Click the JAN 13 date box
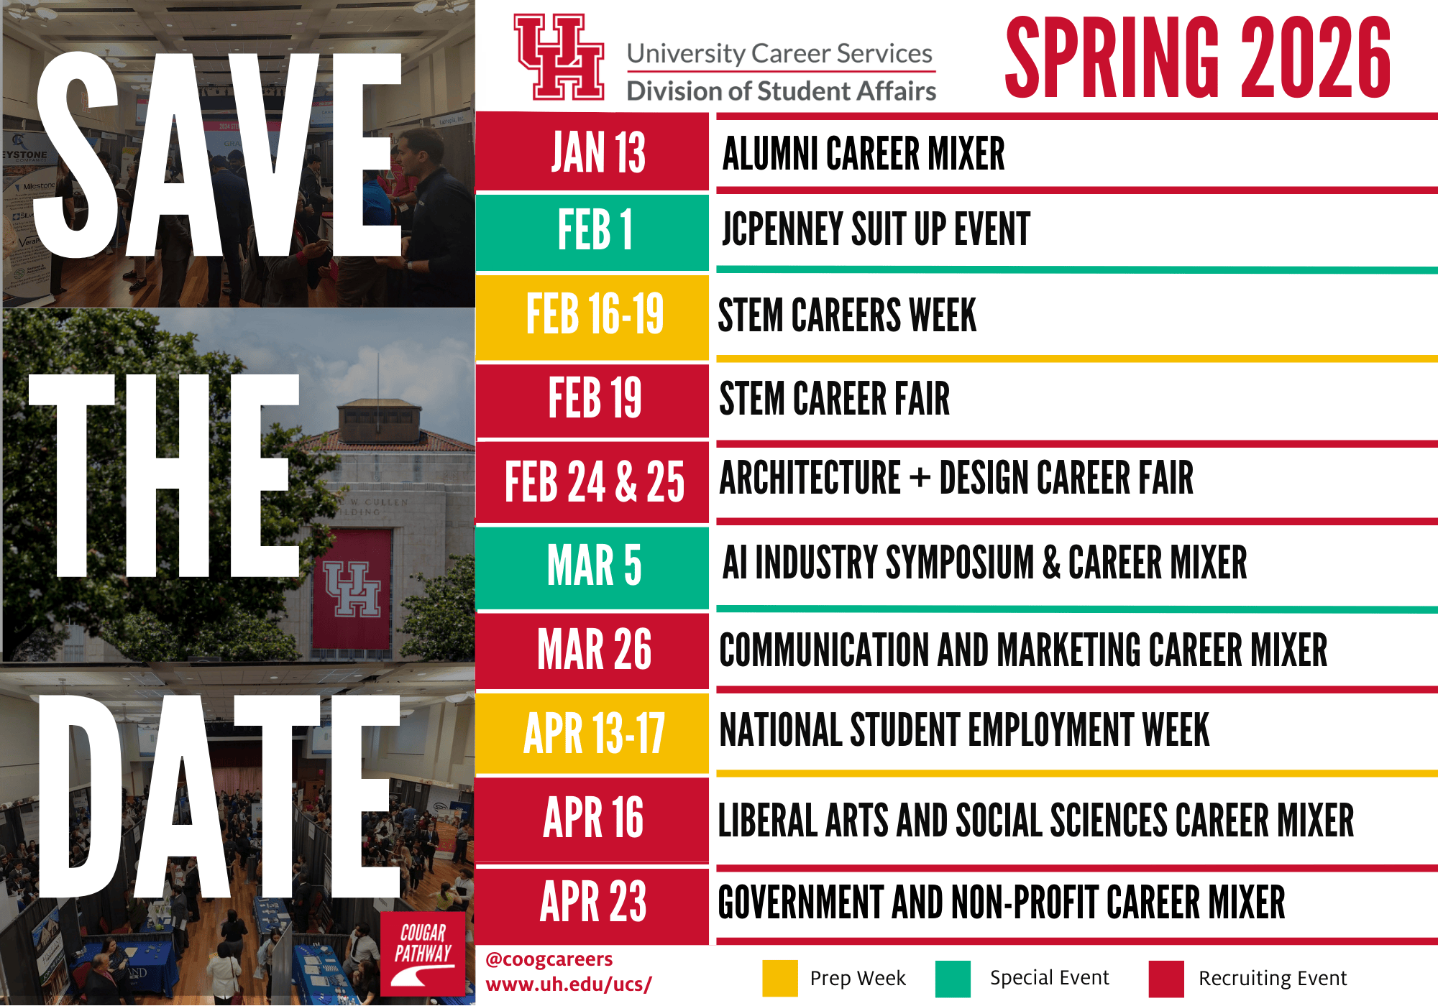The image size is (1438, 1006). [x=592, y=152]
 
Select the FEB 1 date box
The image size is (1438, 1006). [x=592, y=231]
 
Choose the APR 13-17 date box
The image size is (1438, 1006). [x=592, y=734]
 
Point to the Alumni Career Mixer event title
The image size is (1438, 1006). [x=864, y=154]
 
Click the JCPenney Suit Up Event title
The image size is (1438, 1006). [x=876, y=229]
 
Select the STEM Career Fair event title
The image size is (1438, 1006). [x=835, y=399]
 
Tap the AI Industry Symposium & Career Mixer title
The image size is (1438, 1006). [x=985, y=562]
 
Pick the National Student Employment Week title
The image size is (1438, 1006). [x=965, y=730]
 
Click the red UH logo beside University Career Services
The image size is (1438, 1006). [x=559, y=57]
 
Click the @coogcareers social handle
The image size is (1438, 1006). [x=549, y=959]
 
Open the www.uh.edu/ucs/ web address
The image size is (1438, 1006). [x=569, y=984]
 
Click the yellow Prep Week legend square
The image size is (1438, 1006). [x=780, y=978]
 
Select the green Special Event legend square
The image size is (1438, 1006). [x=953, y=978]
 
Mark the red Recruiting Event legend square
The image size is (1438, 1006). [x=1166, y=978]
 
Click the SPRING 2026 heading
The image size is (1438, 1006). [x=1198, y=57]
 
